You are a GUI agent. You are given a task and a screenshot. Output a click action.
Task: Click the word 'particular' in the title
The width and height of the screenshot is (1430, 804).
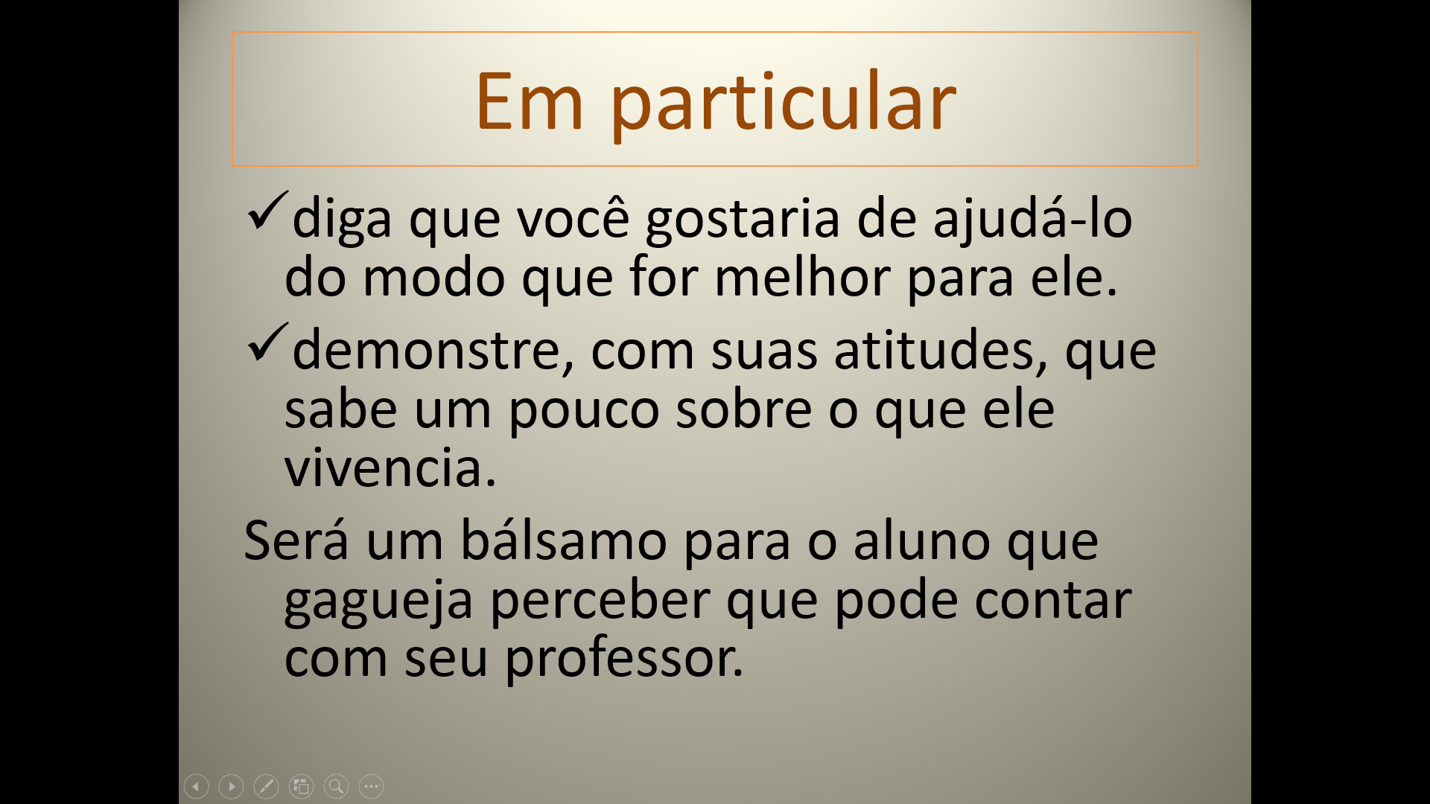tap(783, 104)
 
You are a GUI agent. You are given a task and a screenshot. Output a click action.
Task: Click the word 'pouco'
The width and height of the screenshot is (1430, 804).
tap(584, 411)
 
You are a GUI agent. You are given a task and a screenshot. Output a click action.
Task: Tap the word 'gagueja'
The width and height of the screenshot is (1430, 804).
tap(378, 602)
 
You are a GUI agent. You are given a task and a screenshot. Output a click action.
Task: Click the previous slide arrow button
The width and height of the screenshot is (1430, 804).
tap(196, 786)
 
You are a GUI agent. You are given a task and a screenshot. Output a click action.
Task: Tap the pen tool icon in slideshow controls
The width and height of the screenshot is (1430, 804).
tap(266, 786)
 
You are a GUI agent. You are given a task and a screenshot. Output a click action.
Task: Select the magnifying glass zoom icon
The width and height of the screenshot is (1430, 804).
tap(336, 786)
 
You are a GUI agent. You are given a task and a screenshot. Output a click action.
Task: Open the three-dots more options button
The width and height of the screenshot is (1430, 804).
tap(371, 786)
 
